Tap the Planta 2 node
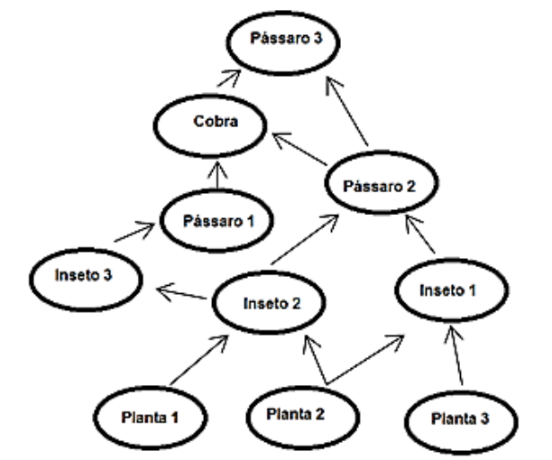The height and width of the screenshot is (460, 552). tap(299, 416)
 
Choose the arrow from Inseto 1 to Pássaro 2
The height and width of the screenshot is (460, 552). tap(421, 235)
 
